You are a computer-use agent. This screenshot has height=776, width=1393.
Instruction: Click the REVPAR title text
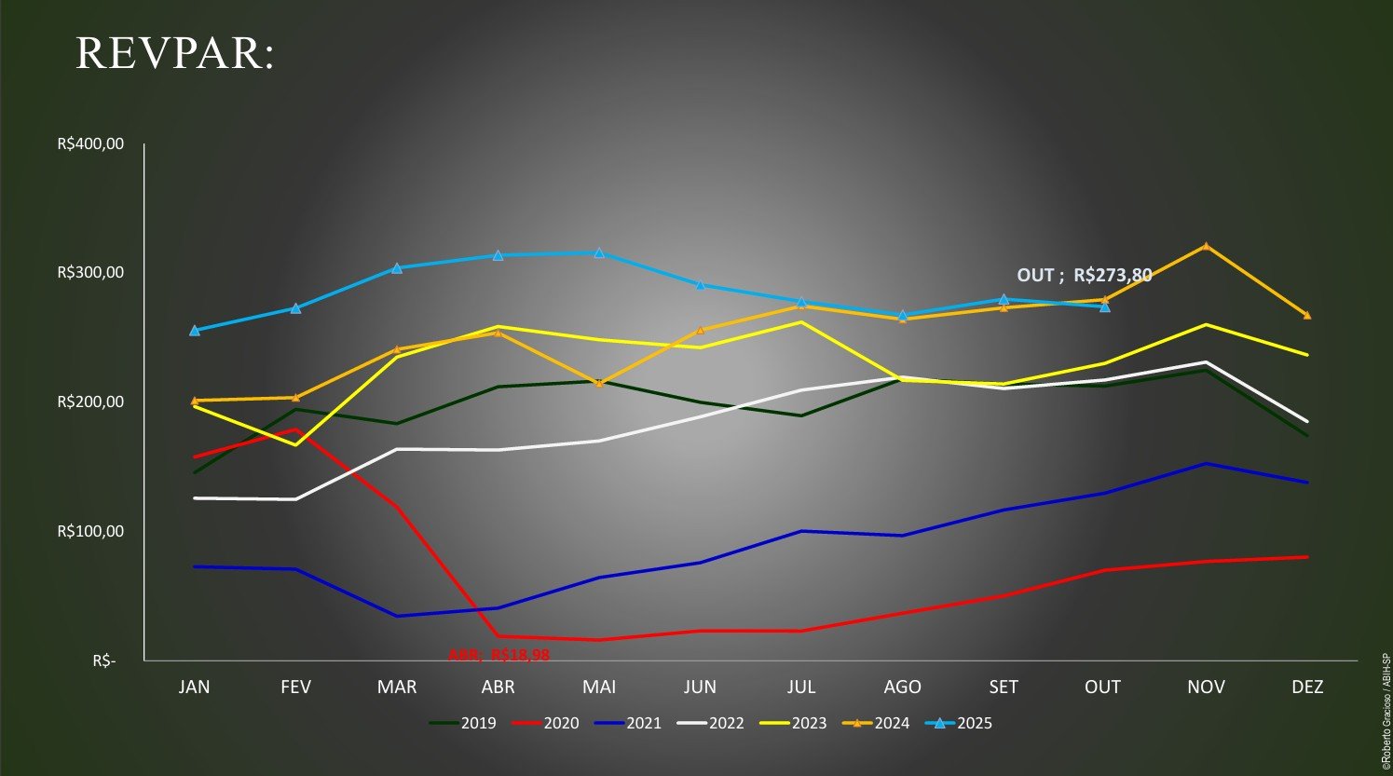pyautogui.click(x=175, y=53)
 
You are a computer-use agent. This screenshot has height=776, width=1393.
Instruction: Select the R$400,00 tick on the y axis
pyautogui.click(x=90, y=144)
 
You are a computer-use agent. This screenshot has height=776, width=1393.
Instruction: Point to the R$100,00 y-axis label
pyautogui.click(x=90, y=531)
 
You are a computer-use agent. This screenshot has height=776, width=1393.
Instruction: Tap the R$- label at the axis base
pyautogui.click(x=104, y=660)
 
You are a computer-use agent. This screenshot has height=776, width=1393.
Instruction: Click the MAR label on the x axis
pyautogui.click(x=397, y=688)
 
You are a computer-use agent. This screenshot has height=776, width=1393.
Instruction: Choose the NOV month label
pyautogui.click(x=1206, y=688)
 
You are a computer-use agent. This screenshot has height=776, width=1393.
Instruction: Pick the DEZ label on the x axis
pyautogui.click(x=1307, y=688)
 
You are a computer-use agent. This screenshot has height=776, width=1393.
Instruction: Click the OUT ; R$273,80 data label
pyautogui.click(x=1085, y=275)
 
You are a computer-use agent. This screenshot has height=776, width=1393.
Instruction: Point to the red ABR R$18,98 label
pyautogui.click(x=499, y=655)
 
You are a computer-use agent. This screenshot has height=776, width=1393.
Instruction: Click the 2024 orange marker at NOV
pyautogui.click(x=1206, y=247)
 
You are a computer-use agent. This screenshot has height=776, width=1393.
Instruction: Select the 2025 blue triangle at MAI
pyautogui.click(x=599, y=252)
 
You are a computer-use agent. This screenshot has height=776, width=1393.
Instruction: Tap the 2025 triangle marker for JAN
pyautogui.click(x=195, y=331)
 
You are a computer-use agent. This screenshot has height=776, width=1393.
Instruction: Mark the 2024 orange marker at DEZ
pyautogui.click(x=1307, y=315)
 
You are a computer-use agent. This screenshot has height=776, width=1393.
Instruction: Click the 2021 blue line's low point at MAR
pyautogui.click(x=397, y=616)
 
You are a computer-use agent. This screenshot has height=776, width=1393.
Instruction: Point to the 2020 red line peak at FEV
pyautogui.click(x=296, y=429)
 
